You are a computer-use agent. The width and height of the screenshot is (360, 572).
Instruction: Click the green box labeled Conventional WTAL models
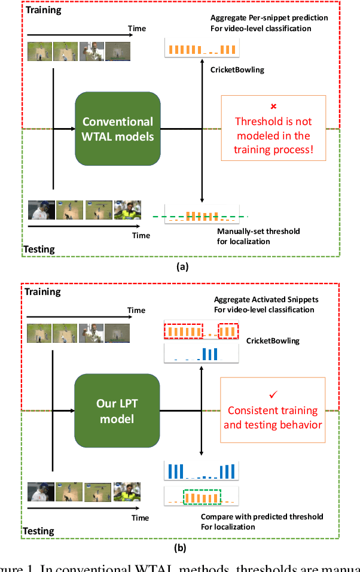pyautogui.click(x=117, y=129)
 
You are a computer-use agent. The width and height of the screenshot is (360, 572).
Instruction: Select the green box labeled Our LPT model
pyautogui.click(x=117, y=410)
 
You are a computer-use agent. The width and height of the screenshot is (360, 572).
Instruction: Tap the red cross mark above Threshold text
pyautogui.click(x=273, y=107)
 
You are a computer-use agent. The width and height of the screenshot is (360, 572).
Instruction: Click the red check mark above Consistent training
pyautogui.click(x=273, y=395)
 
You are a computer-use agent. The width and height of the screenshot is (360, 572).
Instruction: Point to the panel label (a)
pyautogui.click(x=180, y=267)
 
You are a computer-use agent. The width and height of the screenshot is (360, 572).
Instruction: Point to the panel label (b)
pyautogui.click(x=180, y=547)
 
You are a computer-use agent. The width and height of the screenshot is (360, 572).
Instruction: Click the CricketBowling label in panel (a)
pyautogui.click(x=237, y=70)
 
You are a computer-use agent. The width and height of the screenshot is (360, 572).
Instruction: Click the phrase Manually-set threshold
pyautogui.click(x=258, y=231)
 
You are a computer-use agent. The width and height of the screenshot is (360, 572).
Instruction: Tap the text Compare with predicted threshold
pyautogui.click(x=262, y=516)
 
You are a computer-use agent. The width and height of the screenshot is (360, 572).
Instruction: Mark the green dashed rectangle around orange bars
pyautogui.click(x=202, y=498)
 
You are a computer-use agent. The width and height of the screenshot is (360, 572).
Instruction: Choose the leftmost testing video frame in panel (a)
pyautogui.click(x=41, y=210)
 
